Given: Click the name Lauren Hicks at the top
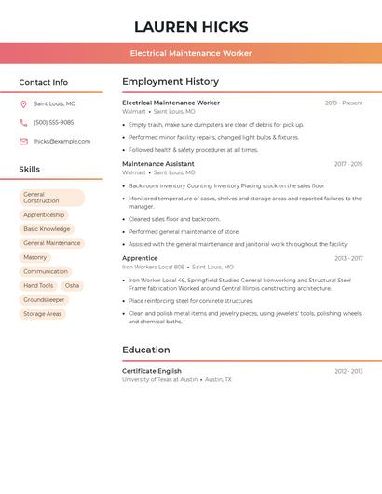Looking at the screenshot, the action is pos(191,26).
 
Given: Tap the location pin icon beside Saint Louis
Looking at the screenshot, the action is pos(23,104).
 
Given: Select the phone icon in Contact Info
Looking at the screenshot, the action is pos(23,123).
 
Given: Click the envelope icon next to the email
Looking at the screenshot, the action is pos(23,142).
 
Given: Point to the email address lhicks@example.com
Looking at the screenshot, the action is pos(61,142).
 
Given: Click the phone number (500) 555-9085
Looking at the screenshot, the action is pos(53,123).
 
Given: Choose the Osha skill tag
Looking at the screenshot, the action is pos(72,285).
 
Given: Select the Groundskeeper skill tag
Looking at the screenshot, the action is pos(44,300).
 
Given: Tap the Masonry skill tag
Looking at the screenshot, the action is pos(34,257).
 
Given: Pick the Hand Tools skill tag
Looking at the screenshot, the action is pos(38,285).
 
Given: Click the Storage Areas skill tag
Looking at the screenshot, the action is pos(42,314).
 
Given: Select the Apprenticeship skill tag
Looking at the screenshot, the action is pos(44,214).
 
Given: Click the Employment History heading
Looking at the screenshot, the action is pos(171,82).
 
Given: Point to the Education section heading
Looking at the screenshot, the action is pos(145,350).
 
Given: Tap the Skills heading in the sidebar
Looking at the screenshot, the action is pos(29,170).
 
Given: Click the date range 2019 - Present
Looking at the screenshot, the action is pos(344,103).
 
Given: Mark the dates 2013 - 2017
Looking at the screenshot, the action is pos(348,258).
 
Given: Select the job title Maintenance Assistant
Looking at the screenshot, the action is pos(158,164).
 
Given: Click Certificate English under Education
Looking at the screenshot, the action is pos(152,371).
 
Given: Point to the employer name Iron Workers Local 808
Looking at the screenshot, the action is pos(153,267).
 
